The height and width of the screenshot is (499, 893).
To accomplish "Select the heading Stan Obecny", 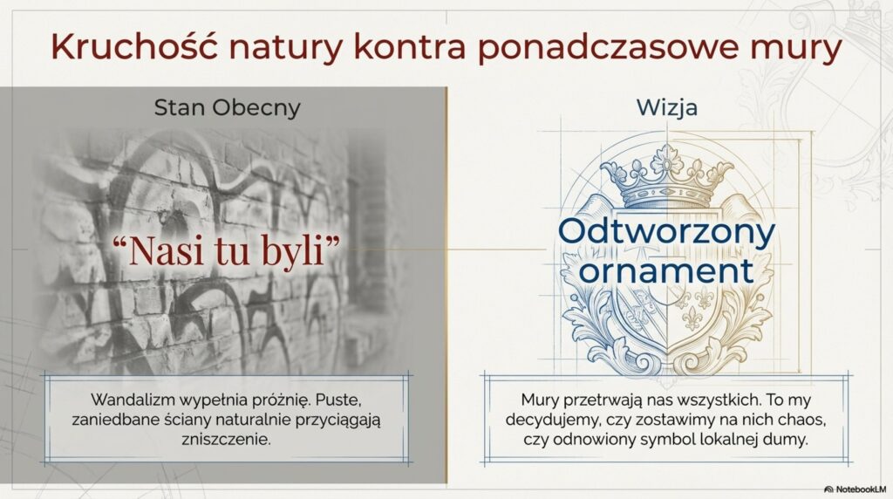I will click(227, 107).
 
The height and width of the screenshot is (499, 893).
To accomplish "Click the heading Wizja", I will click(667, 107).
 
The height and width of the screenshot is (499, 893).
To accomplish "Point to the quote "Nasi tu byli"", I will click(226, 250).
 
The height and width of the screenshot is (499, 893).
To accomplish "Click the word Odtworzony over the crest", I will click(667, 232).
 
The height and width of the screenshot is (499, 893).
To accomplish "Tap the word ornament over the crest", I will click(667, 270).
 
